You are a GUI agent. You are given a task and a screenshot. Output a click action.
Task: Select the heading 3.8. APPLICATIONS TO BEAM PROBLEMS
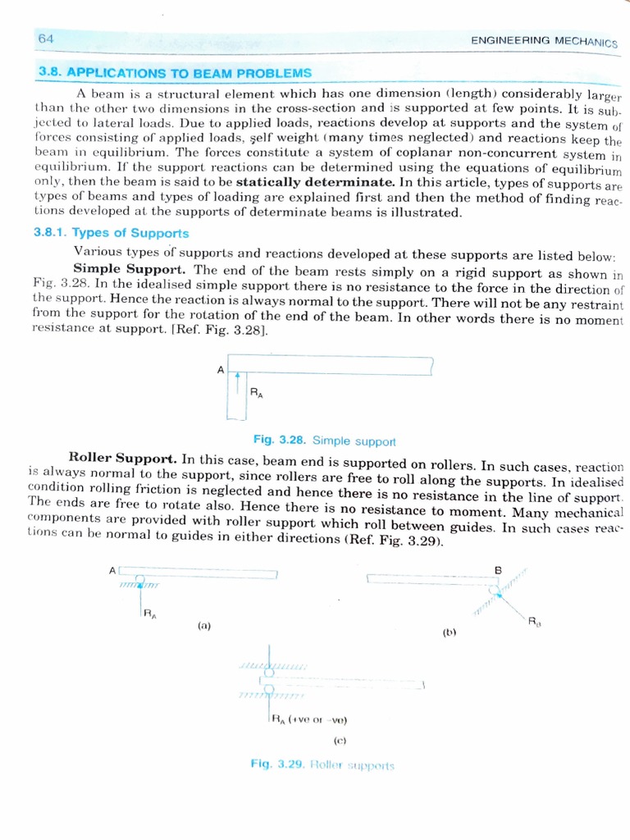click(176, 73)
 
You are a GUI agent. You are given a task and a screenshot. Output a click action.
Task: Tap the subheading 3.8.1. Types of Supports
click(111, 232)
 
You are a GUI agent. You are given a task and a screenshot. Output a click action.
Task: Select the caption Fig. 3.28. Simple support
click(325, 441)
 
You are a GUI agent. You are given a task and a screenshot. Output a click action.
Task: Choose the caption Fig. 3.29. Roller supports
click(322, 765)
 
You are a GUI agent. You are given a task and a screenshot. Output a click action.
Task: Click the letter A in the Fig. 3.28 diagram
click(220, 370)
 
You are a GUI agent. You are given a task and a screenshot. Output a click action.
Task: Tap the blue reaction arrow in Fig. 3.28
click(236, 382)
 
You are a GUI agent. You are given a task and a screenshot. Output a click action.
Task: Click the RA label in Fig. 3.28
click(257, 393)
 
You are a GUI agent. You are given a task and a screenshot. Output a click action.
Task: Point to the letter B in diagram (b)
click(497, 568)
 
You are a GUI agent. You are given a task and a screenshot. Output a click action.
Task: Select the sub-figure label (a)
click(204, 625)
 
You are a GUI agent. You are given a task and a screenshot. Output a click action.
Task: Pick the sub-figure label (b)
click(449, 632)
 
